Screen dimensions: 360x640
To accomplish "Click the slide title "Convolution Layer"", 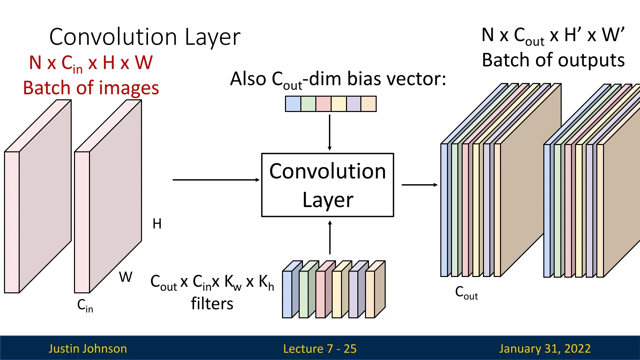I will coord(145,37).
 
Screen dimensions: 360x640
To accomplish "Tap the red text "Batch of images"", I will coord(91,88).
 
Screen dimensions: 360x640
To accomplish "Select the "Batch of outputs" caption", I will coord(553,60).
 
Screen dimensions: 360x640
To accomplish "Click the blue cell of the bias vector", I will coord(293,104).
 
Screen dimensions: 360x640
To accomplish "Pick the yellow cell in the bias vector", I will coord(339,104).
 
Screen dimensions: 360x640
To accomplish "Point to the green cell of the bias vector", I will coord(308,104).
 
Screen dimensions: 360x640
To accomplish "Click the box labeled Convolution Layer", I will coord(328,185).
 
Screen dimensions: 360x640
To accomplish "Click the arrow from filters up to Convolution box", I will coord(330,238).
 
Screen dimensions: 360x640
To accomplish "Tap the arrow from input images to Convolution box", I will coord(216,180).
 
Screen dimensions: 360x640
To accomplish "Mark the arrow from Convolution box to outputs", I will coord(419,185).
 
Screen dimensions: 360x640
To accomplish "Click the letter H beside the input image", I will coord(157,224).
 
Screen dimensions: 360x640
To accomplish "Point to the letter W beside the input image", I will coord(126,277).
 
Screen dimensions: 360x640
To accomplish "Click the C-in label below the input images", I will coord(85,305).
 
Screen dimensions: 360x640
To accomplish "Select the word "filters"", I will coord(212,304).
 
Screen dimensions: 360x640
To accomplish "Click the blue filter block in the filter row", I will coord(287,293).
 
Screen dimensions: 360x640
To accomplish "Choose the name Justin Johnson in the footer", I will coord(88,349).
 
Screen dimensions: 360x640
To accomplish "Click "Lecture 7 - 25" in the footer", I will coord(320,349).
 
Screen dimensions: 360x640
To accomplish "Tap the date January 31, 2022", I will coord(545,349).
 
